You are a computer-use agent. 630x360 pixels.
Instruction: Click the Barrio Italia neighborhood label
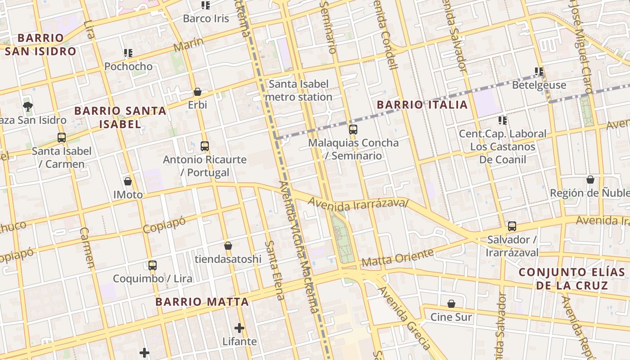pos(422,105)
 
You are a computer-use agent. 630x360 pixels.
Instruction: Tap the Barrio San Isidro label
pos(40,45)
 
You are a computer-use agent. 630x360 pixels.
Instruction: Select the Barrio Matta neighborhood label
pos(202,301)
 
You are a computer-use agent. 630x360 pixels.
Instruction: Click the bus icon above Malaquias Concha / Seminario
pos(353,130)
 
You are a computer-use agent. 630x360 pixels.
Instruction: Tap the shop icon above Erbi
pos(197,92)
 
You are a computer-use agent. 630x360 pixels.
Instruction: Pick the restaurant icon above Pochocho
pos(128,53)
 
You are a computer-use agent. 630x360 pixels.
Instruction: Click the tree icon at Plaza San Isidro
pos(28,106)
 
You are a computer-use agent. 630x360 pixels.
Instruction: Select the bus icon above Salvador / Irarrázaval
pos(512,226)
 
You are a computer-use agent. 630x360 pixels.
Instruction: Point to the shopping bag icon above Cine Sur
pos(451,304)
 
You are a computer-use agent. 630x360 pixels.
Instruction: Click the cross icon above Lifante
pos(239,328)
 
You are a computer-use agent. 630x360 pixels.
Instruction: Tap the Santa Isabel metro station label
pos(299,90)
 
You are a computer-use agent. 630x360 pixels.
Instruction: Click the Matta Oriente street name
pos(398,257)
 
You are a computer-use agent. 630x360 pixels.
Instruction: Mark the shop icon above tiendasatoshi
pos(228,246)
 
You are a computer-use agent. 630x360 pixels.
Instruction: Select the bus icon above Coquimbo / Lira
pos(153,265)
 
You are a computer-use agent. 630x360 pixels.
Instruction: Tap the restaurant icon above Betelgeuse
pos(539,72)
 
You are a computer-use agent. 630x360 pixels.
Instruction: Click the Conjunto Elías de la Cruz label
pos(571,279)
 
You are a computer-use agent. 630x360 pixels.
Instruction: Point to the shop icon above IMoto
pos(128,181)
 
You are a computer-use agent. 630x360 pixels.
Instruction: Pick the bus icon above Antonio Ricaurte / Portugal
pos(205,146)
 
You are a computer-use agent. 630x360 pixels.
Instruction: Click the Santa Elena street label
pos(274,270)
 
